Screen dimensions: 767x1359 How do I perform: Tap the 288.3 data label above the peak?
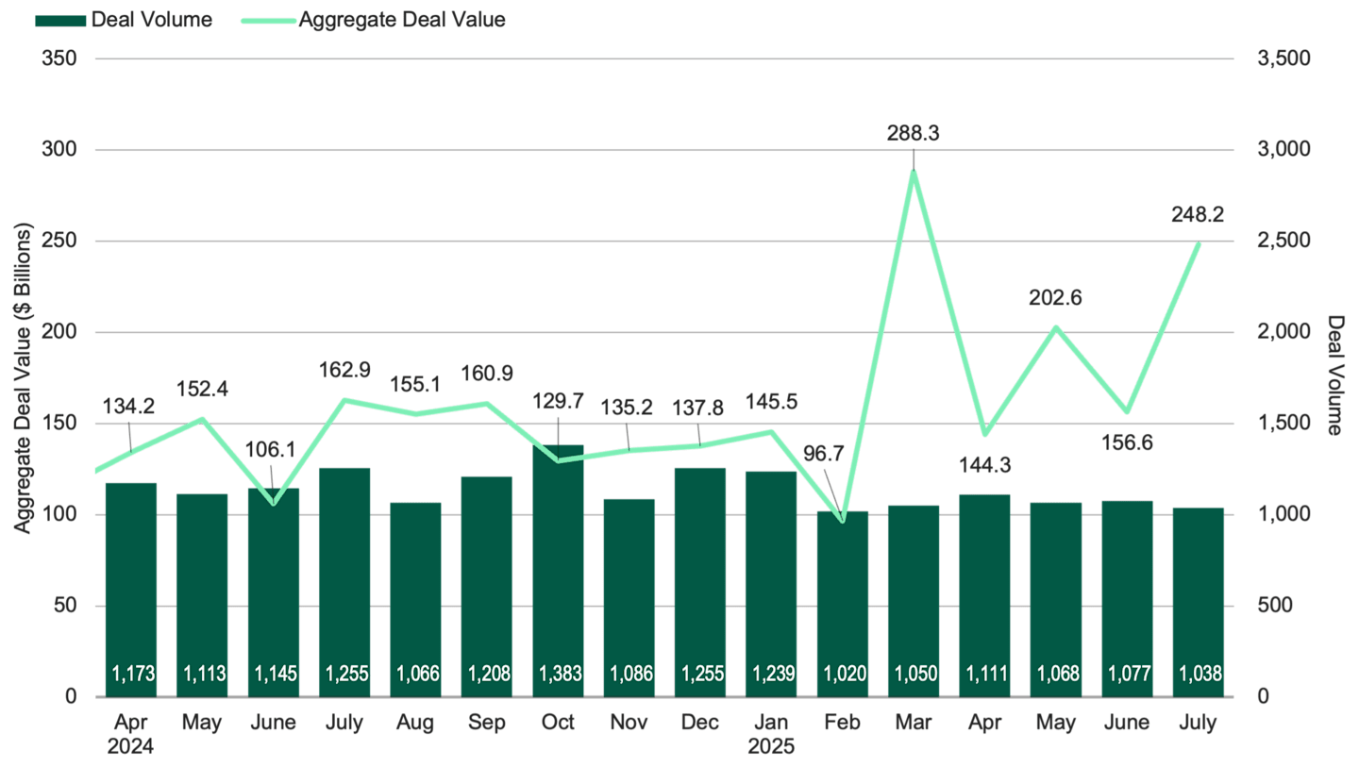[913, 134]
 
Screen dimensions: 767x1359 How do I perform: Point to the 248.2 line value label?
[1198, 215]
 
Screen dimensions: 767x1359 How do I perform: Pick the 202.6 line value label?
[1055, 298]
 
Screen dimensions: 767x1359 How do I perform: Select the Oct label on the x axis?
[558, 723]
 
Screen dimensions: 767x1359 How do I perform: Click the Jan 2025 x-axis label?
[772, 734]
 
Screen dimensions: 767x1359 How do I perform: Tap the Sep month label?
[487, 723]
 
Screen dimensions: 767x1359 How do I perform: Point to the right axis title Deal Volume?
[1334, 375]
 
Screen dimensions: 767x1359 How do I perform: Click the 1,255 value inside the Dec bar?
[701, 674]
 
